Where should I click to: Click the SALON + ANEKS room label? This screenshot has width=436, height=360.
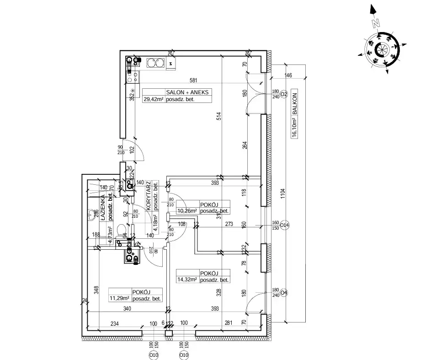tap(189, 92)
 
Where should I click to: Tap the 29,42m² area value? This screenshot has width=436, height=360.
tap(154, 99)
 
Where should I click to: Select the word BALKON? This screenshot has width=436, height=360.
tap(295, 105)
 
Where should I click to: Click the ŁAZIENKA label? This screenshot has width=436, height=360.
tap(103, 208)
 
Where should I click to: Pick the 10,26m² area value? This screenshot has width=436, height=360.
tap(187, 211)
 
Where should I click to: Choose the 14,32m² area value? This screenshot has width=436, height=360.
tap(187, 279)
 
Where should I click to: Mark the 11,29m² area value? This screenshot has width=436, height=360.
tap(119, 298)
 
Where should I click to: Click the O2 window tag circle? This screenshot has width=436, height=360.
tap(284, 94)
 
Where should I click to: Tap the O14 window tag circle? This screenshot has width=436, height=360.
tap(284, 225)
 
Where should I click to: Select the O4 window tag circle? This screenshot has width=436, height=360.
tap(284, 293)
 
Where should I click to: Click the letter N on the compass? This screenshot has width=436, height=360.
tap(376, 23)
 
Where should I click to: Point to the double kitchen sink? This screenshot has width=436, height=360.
tap(156, 63)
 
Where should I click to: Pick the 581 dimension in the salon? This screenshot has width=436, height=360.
tap(193, 81)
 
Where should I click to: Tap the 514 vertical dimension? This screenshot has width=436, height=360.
tap(218, 117)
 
